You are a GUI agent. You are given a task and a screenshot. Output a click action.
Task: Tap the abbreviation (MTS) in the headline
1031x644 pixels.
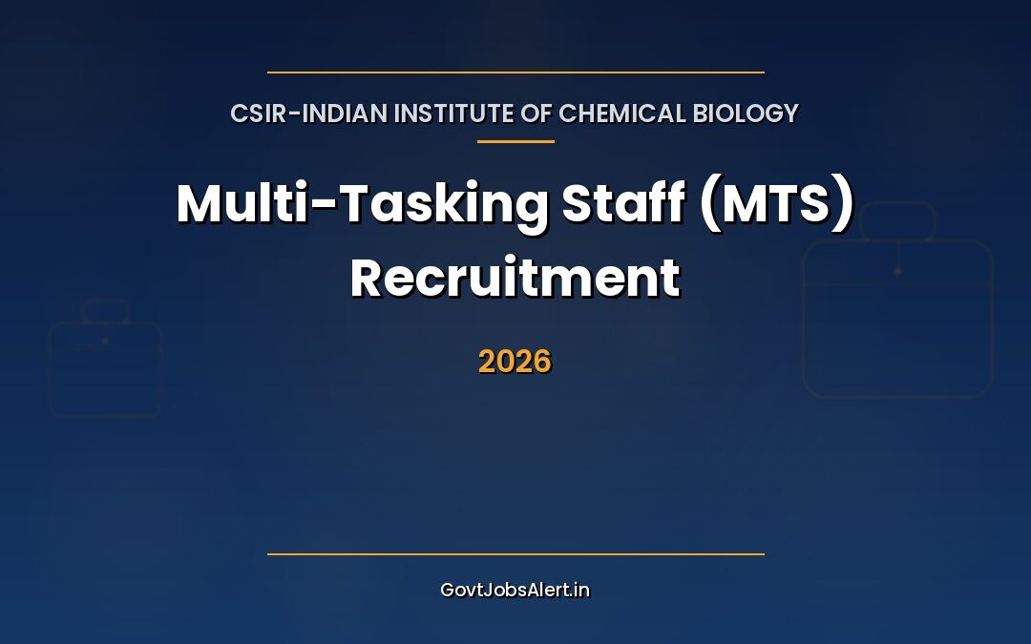pos(777,204)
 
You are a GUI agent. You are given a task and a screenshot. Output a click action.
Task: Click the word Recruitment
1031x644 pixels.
pos(515,279)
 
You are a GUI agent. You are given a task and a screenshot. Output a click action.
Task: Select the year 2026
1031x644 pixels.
pos(515,362)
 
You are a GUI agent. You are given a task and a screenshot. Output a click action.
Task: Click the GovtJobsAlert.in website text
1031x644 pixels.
pos(515,590)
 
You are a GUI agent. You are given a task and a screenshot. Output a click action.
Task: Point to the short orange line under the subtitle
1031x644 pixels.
pos(515,141)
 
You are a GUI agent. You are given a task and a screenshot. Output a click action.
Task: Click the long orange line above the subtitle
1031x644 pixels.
pos(515,72)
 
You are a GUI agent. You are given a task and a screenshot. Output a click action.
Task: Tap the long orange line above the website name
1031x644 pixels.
pos(515,553)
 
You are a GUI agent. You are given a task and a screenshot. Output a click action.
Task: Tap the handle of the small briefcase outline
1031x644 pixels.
pos(105,310)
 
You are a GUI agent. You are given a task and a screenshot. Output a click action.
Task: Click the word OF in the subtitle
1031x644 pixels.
pos(538,114)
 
